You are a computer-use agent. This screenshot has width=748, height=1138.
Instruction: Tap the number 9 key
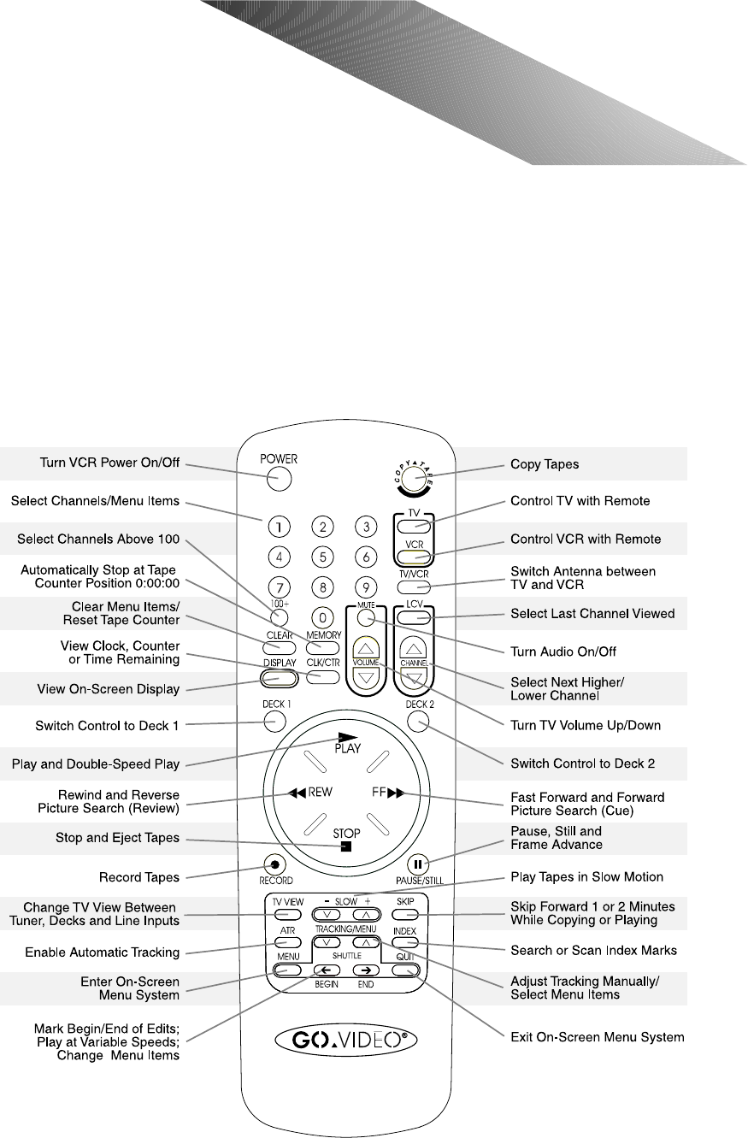(366, 588)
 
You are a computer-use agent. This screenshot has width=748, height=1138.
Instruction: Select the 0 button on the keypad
(322, 616)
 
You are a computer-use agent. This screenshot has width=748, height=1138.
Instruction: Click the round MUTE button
(367, 617)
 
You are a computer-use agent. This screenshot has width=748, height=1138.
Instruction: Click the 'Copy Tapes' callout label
(545, 464)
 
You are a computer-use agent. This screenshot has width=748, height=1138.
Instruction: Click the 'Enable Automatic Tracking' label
(103, 952)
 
